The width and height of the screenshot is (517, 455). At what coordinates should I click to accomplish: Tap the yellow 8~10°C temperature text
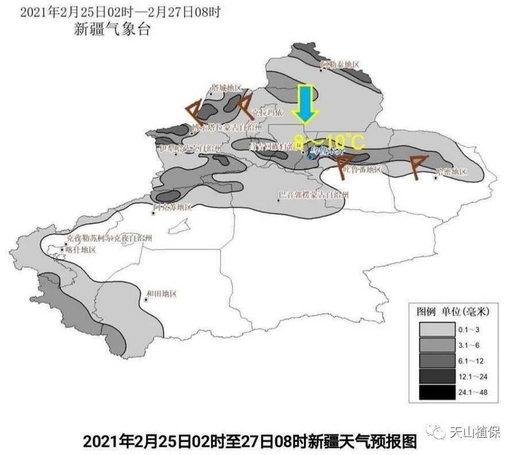[329, 141]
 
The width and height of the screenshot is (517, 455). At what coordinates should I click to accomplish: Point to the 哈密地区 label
[452, 171]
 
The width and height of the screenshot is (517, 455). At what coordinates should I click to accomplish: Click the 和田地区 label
[161, 294]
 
